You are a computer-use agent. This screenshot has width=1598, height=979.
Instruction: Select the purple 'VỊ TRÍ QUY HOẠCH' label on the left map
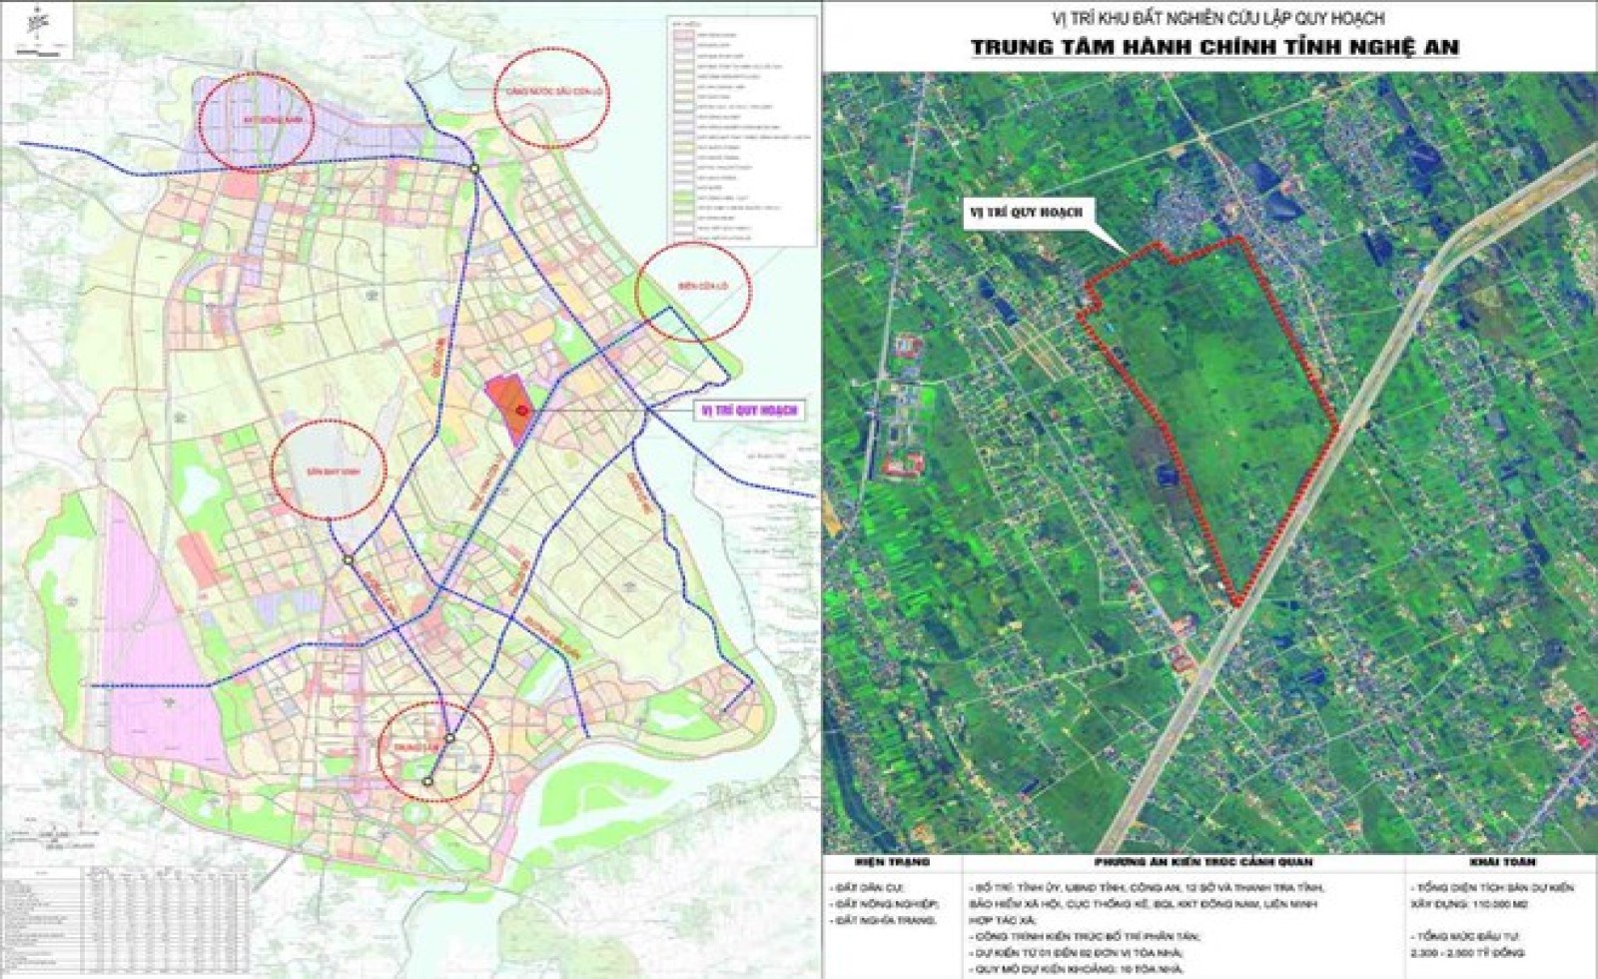[749, 411]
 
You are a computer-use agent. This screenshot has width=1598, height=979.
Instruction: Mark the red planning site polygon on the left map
[506, 410]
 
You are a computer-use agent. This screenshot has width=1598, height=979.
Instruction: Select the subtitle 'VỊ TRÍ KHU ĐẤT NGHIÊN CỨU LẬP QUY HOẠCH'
[1209, 17]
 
